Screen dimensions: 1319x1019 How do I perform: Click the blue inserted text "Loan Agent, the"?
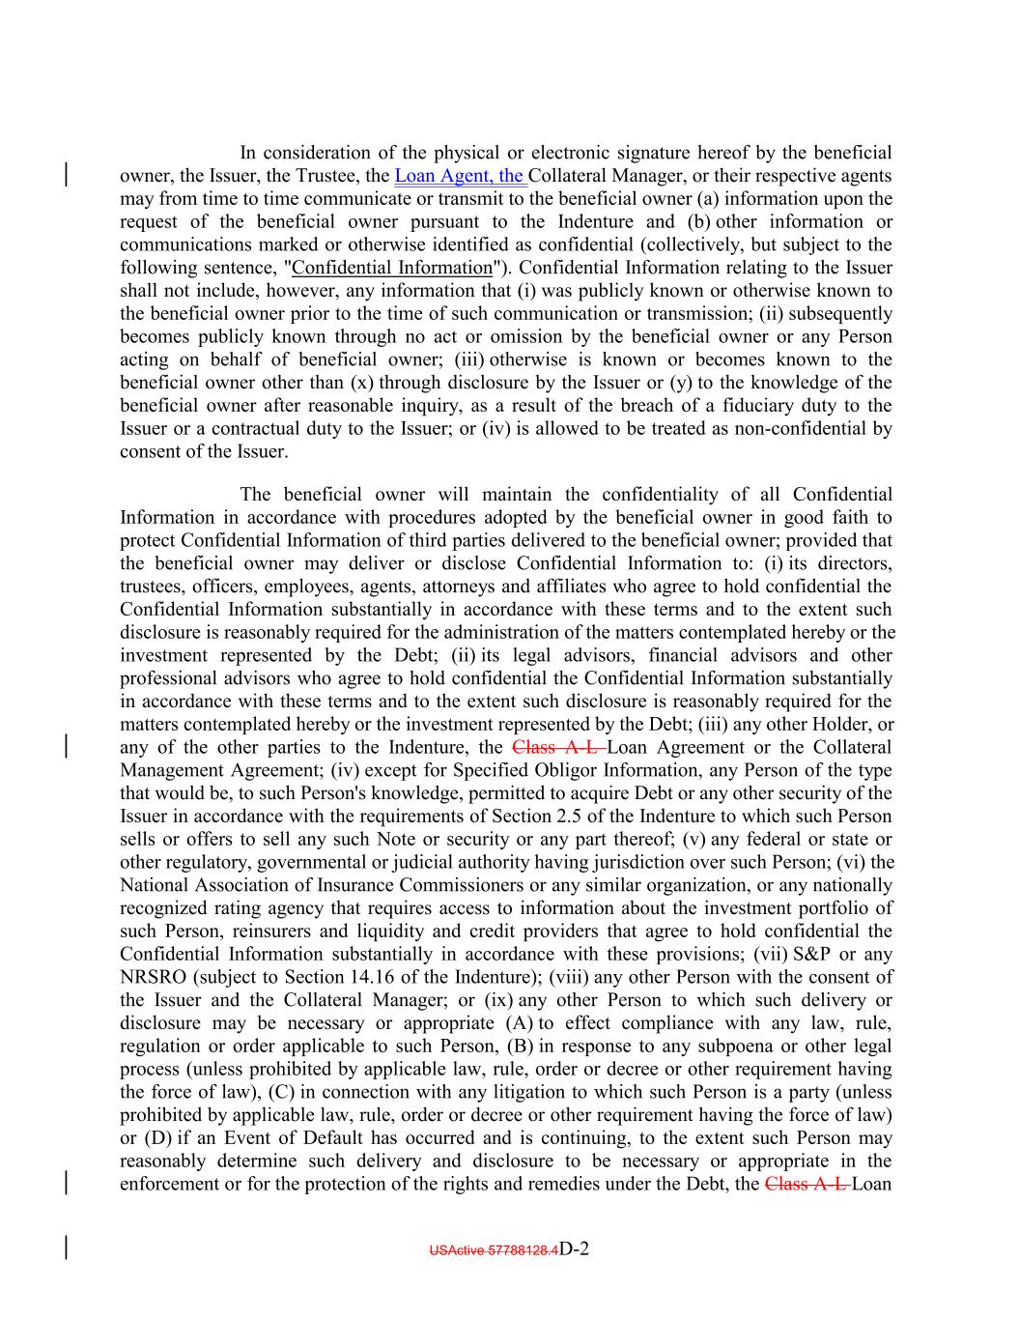click(460, 176)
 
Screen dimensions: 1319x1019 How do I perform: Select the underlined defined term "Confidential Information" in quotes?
click(391, 268)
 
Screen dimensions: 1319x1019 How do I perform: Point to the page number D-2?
click(575, 1248)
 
